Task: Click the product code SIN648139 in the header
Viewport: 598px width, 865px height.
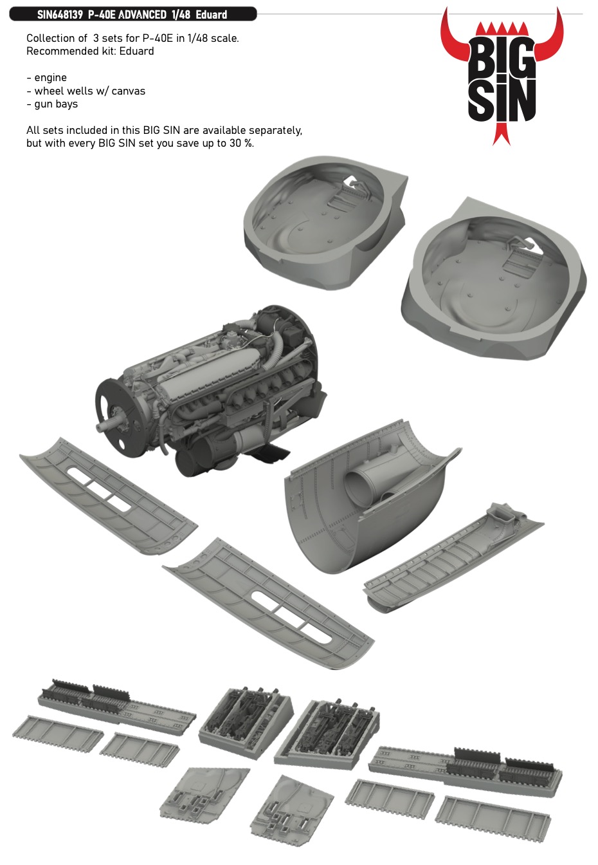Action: click(60, 15)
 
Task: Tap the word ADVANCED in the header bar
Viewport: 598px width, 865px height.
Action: click(141, 15)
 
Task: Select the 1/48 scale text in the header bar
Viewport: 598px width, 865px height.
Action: click(181, 15)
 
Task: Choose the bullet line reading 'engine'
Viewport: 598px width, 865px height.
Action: click(47, 78)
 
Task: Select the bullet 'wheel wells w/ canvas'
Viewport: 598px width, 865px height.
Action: click(86, 91)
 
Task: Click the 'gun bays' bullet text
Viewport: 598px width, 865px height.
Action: click(52, 104)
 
